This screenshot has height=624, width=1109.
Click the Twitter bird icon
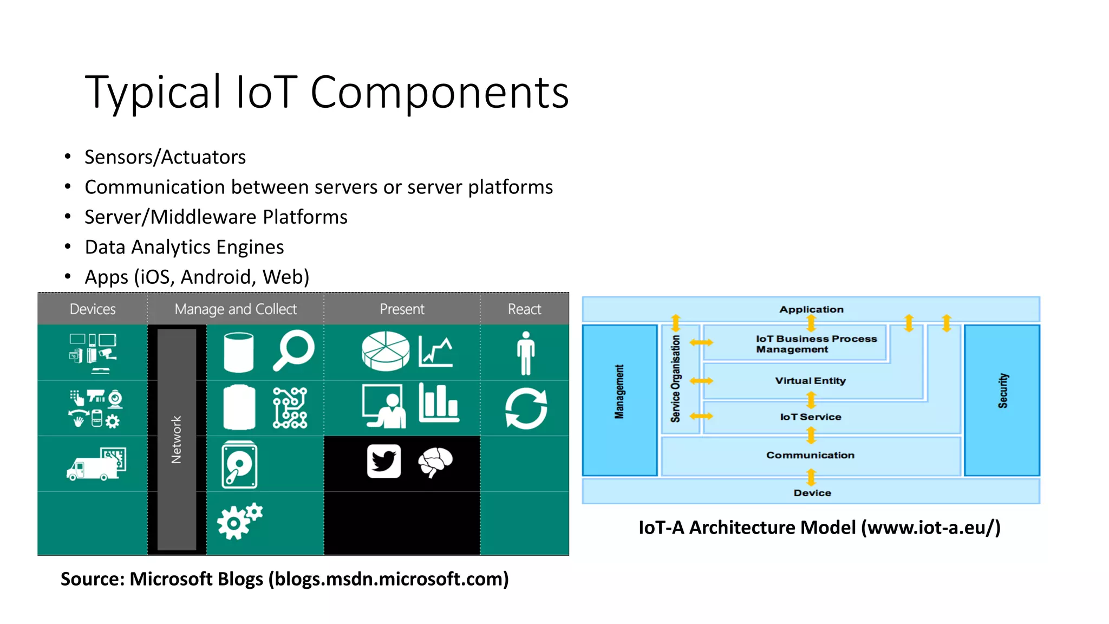click(x=384, y=461)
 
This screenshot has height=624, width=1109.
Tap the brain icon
click(x=435, y=462)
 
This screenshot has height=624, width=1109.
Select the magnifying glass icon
click(x=293, y=351)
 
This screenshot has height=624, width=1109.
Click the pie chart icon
click(x=386, y=351)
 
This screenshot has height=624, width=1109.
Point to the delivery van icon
click(x=96, y=465)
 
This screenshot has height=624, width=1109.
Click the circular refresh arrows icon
click(x=526, y=409)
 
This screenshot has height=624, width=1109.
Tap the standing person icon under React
click(x=525, y=353)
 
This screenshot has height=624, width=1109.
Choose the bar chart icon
click(x=439, y=404)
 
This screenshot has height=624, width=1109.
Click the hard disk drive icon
click(x=239, y=465)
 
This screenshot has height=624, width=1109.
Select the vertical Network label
click(x=177, y=439)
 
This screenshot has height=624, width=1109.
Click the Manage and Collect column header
click(x=236, y=309)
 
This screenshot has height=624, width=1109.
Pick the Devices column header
click(x=93, y=309)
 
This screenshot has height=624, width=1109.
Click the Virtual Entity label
click(x=810, y=381)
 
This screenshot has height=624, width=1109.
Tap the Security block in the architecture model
click(x=1002, y=400)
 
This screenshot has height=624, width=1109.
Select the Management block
click(x=619, y=400)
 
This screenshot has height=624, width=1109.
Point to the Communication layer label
click(x=810, y=456)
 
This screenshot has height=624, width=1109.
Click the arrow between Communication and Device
click(x=811, y=477)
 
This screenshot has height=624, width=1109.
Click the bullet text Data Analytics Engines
click(x=184, y=247)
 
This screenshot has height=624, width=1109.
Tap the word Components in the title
click(x=439, y=92)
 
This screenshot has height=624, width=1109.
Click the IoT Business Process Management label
click(x=816, y=344)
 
